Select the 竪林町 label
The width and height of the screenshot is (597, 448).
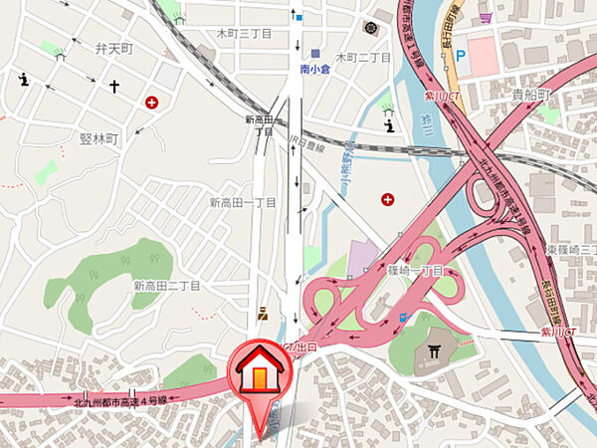point(99,138)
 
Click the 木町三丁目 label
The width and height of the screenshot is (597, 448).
point(244,33)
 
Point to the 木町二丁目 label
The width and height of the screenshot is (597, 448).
point(362,58)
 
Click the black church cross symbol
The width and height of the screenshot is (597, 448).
point(114,88)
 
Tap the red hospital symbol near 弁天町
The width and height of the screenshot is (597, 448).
point(151,102)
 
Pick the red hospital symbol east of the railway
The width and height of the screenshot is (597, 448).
point(387,200)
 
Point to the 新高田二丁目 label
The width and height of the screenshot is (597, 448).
point(167,286)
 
